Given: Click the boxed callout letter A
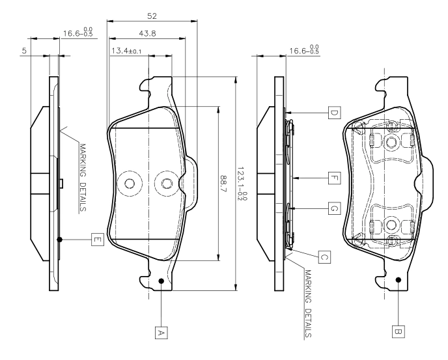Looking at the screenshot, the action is [x=161, y=333].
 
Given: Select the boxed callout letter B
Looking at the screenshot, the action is [x=399, y=331].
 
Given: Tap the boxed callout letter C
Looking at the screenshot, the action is [x=324, y=257].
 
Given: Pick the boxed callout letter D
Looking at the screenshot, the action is [x=334, y=113].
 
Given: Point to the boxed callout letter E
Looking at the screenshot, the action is [x=98, y=240].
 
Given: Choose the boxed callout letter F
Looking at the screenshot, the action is [x=334, y=178].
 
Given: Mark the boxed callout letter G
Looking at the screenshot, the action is [x=334, y=208].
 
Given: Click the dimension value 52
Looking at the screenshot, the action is [x=152, y=16].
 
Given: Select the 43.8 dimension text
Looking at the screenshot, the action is [x=147, y=33].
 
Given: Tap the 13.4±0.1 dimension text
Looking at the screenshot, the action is [x=126, y=51].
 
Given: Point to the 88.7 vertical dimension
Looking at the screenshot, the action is [x=223, y=184].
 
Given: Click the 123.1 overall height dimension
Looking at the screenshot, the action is [x=242, y=183].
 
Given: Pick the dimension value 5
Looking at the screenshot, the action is [x=24, y=51].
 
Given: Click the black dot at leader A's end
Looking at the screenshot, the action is [x=161, y=281].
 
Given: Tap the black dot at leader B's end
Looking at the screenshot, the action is [x=399, y=280].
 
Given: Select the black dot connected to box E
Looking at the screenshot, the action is [x=59, y=240].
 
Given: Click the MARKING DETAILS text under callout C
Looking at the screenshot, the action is [x=308, y=304].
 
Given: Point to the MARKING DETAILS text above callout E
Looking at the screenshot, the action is [x=83, y=178].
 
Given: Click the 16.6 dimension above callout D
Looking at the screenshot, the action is [x=304, y=50].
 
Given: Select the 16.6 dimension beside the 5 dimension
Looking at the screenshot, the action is [x=78, y=33].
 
